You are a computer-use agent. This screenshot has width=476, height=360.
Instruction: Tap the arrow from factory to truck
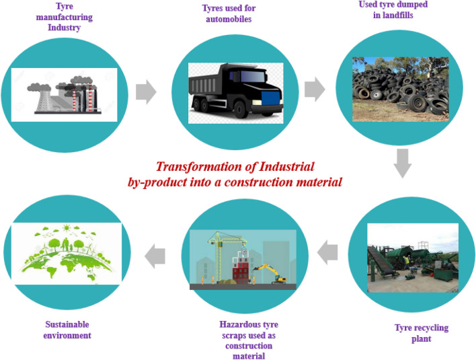[x=146, y=91]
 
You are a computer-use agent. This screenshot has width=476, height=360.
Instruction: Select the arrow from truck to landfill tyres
[x=313, y=89]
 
